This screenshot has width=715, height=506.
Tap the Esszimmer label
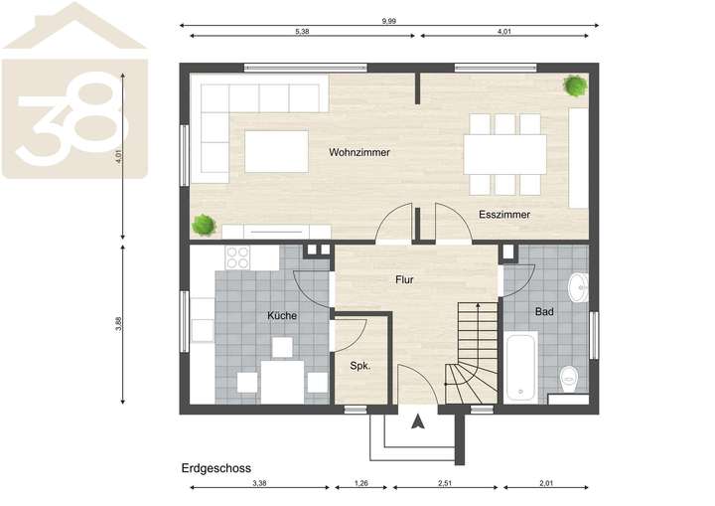pos(503,215)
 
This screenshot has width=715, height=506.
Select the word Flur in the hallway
pos(404,280)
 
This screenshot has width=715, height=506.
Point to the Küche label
pos(282,316)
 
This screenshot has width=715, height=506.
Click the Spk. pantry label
pos(359,366)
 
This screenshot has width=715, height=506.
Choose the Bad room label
pos(544,312)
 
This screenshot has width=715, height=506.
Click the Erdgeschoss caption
pos(215,466)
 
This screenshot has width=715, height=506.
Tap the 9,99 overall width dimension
pos(391,20)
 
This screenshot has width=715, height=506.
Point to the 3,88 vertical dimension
pos(119,325)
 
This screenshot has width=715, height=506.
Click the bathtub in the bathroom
pos(520,367)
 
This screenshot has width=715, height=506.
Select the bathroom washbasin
pos(579,289)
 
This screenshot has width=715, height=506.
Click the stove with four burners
pos(237,257)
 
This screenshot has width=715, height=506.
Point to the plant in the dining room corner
pos(574,85)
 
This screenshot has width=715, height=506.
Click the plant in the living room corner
pos(205,225)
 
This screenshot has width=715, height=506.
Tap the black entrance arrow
pos(418,421)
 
